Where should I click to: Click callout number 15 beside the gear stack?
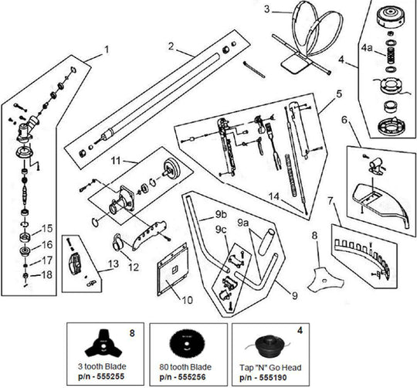click(48, 229)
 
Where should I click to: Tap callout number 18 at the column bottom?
click(48, 274)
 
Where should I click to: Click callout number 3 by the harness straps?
click(266, 10)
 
